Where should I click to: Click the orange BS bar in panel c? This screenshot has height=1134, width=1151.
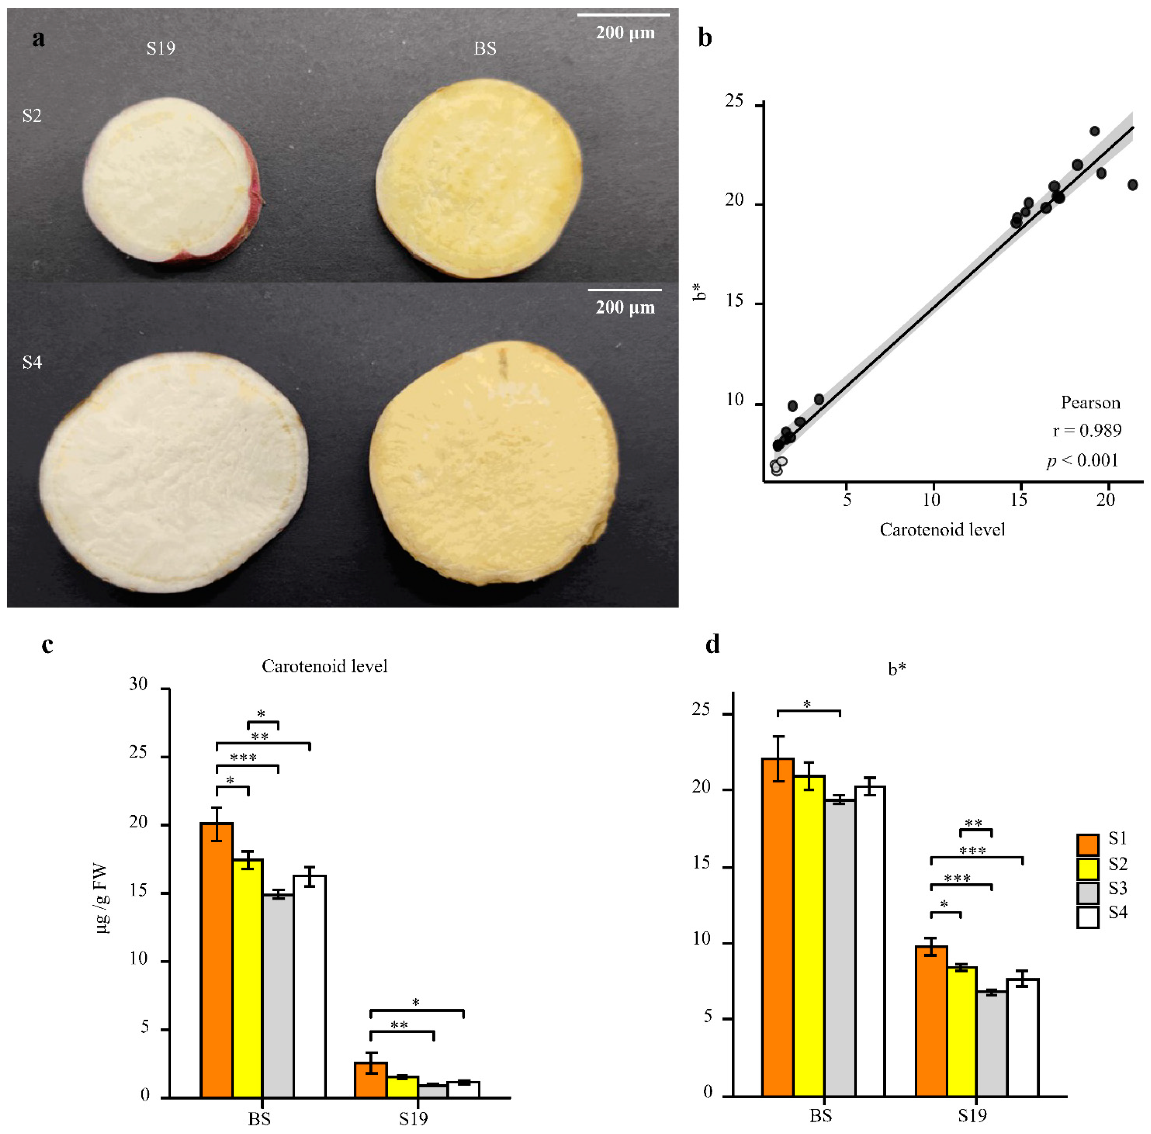click(216, 959)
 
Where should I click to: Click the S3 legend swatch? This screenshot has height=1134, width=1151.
click(1088, 893)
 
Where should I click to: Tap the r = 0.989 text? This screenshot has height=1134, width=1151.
click(1087, 431)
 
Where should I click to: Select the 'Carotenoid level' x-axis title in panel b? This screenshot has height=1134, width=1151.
click(942, 530)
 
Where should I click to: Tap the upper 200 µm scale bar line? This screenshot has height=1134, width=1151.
click(623, 14)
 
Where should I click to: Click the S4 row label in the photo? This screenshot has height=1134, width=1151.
click(32, 362)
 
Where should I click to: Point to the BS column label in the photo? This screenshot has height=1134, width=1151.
click(485, 48)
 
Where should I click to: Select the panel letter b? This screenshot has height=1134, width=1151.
click(705, 38)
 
